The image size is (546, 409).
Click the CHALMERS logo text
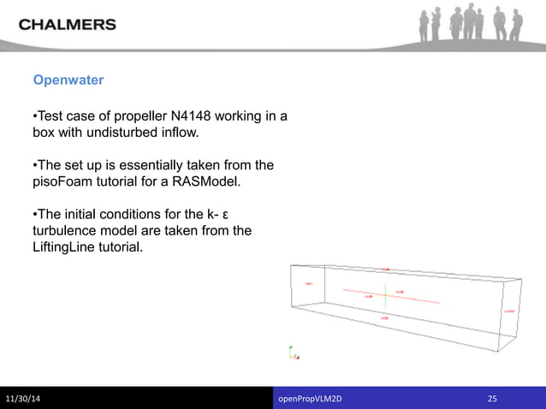(68, 24)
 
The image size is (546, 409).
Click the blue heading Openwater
(68, 80)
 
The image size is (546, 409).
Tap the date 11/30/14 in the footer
(28, 399)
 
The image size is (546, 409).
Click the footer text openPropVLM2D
(316, 399)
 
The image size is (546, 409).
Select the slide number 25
(492, 399)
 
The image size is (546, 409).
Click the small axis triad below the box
(293, 352)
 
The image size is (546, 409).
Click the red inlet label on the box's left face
(309, 283)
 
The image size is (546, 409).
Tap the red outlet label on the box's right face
(509, 311)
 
